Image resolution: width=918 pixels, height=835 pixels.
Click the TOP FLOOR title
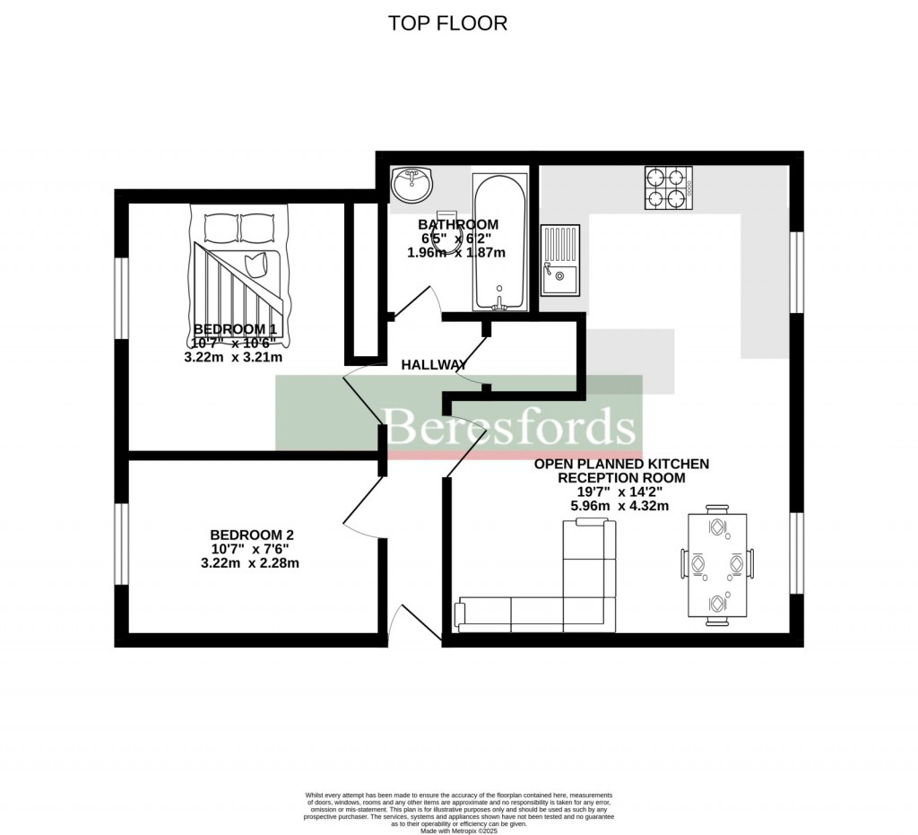447,23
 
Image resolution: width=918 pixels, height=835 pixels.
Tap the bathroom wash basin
411,186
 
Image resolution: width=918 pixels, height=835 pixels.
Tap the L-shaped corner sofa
556,592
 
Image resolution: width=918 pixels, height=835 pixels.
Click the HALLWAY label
434,365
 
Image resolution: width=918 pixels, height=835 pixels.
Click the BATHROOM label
458,224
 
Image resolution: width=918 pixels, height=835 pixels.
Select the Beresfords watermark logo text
510,426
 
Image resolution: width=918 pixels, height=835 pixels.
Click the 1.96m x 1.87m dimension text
456,253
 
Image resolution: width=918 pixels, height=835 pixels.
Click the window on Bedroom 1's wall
121,301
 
